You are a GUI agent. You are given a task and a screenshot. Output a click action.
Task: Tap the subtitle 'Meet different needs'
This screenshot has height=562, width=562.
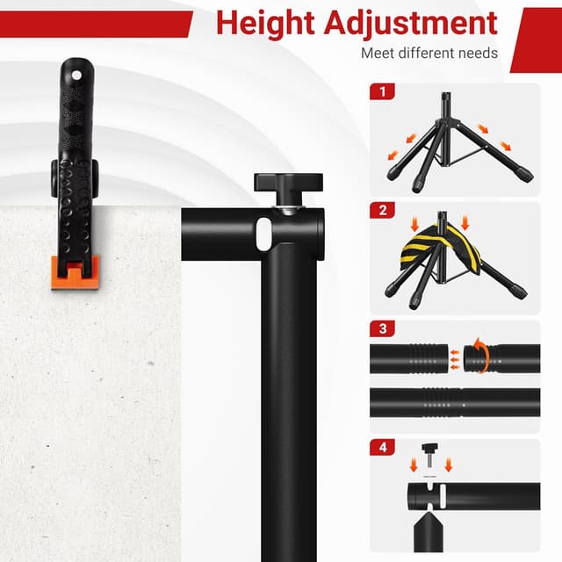429,53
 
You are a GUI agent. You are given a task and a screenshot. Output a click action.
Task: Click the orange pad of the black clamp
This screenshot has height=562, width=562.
73,273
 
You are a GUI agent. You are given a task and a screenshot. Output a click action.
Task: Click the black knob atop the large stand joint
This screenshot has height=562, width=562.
288,183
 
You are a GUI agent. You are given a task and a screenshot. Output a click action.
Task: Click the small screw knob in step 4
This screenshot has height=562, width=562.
429,453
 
